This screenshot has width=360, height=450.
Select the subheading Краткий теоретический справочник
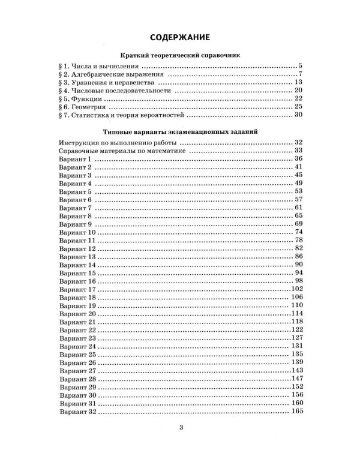(x=180, y=55)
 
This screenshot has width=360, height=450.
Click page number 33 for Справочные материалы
(x=297, y=151)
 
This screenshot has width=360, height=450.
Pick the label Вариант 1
(x=75, y=158)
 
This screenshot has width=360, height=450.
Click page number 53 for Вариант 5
(x=297, y=191)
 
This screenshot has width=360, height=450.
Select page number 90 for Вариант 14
(x=297, y=264)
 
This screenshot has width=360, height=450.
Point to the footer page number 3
(x=180, y=427)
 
